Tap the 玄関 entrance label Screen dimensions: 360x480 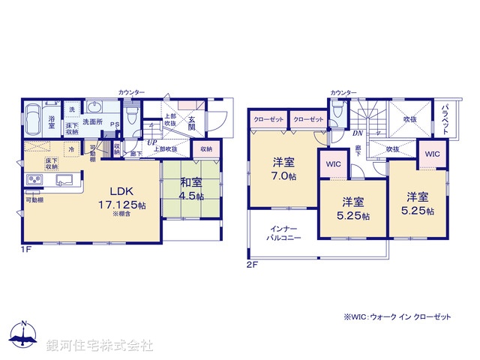pos(192,122)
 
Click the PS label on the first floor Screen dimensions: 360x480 pos(114,124)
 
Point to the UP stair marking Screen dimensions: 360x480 pos(152,142)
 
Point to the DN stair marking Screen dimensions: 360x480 pos(358,133)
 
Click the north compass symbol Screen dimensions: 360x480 pos(24,335)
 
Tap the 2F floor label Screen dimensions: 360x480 pos(252,265)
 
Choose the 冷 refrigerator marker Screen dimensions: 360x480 pos(70,149)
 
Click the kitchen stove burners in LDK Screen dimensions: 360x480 pos(34,179)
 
